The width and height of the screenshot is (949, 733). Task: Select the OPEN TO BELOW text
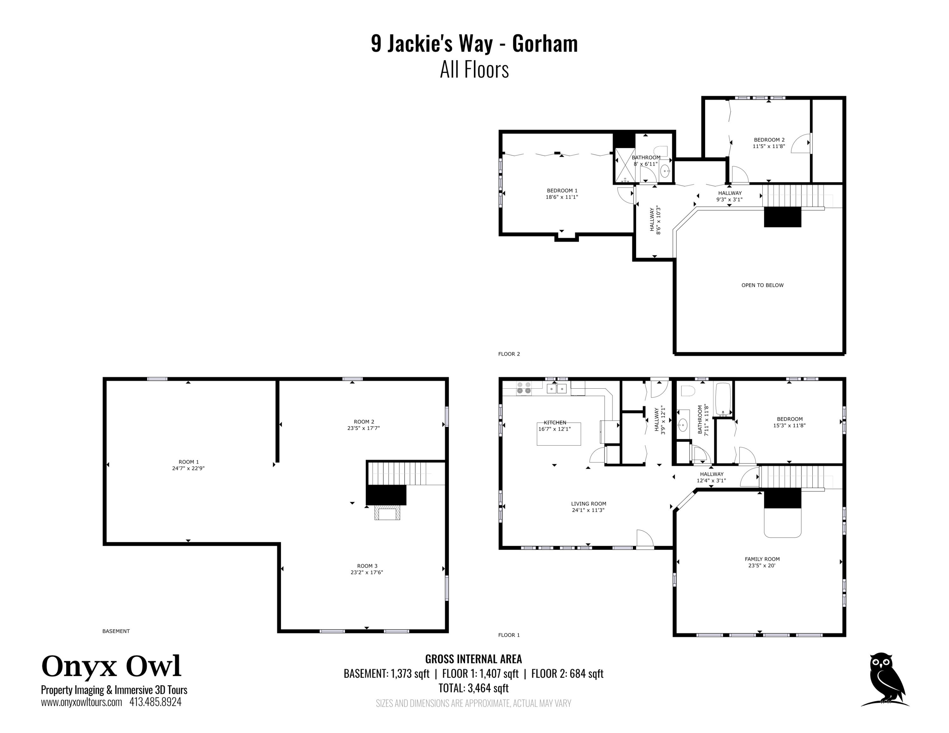click(x=762, y=285)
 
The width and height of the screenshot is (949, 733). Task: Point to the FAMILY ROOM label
click(x=762, y=559)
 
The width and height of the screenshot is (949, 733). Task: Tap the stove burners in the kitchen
click(x=523, y=388)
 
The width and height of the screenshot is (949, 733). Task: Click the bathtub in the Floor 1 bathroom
click(x=723, y=399)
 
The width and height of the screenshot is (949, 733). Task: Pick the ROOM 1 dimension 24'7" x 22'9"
click(x=188, y=468)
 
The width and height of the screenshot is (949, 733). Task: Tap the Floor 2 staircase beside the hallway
click(x=793, y=196)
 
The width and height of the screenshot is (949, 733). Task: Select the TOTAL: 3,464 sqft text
click(x=473, y=688)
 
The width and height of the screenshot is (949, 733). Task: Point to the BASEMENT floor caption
click(x=116, y=631)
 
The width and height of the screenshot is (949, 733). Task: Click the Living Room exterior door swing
click(x=645, y=539)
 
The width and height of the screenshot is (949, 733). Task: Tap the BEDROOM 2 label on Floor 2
click(x=769, y=140)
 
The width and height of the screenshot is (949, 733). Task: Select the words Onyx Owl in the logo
click(x=111, y=666)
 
